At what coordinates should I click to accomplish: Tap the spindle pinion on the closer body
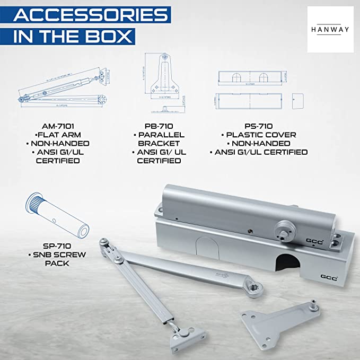(x=287, y=231)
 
